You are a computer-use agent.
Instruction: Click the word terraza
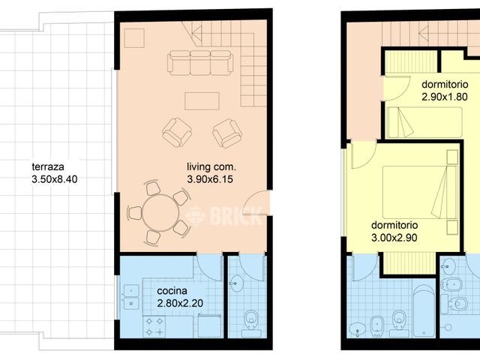click(x=48, y=166)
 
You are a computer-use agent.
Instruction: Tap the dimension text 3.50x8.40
click(x=55, y=179)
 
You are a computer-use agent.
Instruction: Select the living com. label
click(x=211, y=166)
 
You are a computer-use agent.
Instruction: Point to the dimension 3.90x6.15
click(x=210, y=179)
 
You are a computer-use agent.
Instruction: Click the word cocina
click(x=172, y=291)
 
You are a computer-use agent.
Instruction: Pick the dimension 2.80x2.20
click(x=180, y=303)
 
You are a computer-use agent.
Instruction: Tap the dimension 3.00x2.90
click(x=394, y=238)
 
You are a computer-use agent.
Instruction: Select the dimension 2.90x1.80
click(x=445, y=97)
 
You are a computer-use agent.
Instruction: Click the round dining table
click(x=160, y=213)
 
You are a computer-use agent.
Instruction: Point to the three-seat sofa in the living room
click(x=200, y=63)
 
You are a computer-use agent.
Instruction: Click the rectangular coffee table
click(x=202, y=101)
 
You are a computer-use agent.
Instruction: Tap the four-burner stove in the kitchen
click(x=154, y=327)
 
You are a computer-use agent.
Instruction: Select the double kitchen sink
click(x=131, y=297)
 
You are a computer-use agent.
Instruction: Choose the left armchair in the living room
click(x=177, y=133)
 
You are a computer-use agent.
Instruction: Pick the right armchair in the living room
click(x=227, y=133)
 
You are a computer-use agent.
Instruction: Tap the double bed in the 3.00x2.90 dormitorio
click(x=421, y=192)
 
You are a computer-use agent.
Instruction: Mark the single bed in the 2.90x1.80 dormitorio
click(x=424, y=122)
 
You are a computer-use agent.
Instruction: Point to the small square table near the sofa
click(x=135, y=38)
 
